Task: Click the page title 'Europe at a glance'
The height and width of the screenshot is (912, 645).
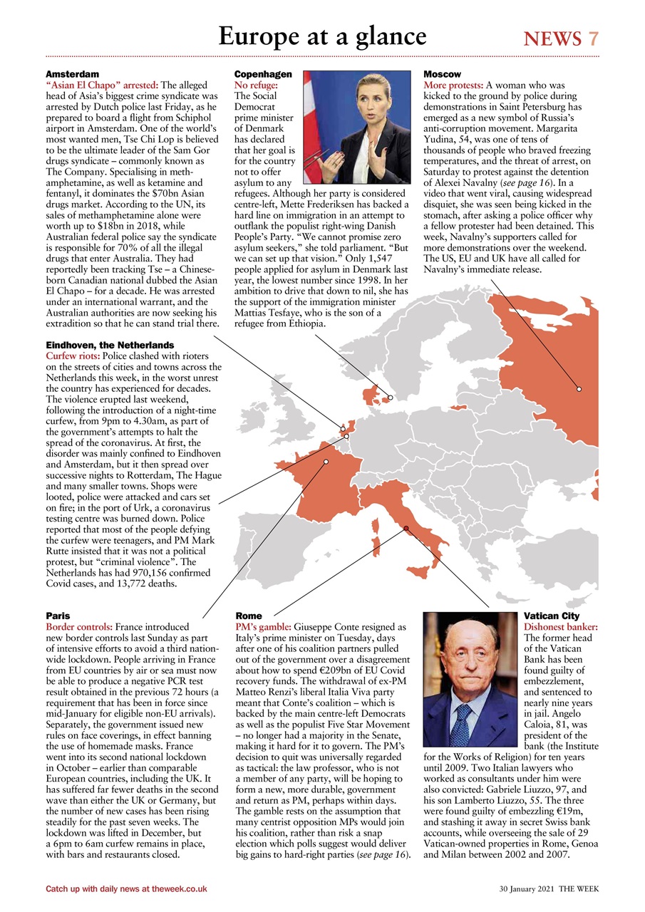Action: click(x=322, y=36)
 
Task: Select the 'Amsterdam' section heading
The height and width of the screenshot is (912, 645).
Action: click(x=72, y=74)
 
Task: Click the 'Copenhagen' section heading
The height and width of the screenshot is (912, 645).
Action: click(x=263, y=74)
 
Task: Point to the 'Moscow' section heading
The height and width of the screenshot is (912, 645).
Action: click(x=442, y=74)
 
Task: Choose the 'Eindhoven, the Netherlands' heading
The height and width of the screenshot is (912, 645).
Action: click(x=110, y=345)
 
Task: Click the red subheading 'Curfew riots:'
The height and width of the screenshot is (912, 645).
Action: click(x=73, y=355)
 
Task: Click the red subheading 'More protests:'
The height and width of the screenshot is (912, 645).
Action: click(x=453, y=84)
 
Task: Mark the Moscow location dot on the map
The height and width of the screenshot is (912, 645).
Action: click(x=579, y=389)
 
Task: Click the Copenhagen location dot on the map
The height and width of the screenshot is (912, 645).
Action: click(x=391, y=398)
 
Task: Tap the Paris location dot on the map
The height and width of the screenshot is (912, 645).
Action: click(x=326, y=462)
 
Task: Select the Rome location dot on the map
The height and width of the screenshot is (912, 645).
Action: click(x=406, y=528)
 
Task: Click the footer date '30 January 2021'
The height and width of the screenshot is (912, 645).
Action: click(x=527, y=888)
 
